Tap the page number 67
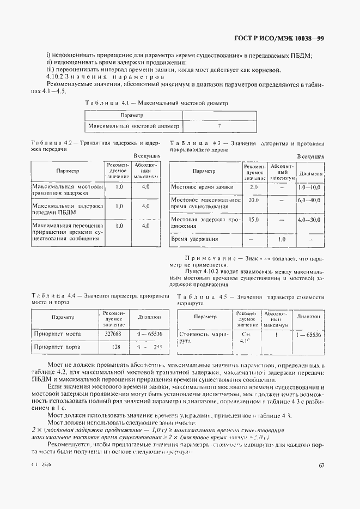(x=321, y=465)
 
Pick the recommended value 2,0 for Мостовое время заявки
(x=253, y=187)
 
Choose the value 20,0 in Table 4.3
(x=253, y=200)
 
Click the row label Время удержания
(x=195, y=239)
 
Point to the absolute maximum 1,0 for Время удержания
(x=282, y=239)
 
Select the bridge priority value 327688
(x=113, y=333)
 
